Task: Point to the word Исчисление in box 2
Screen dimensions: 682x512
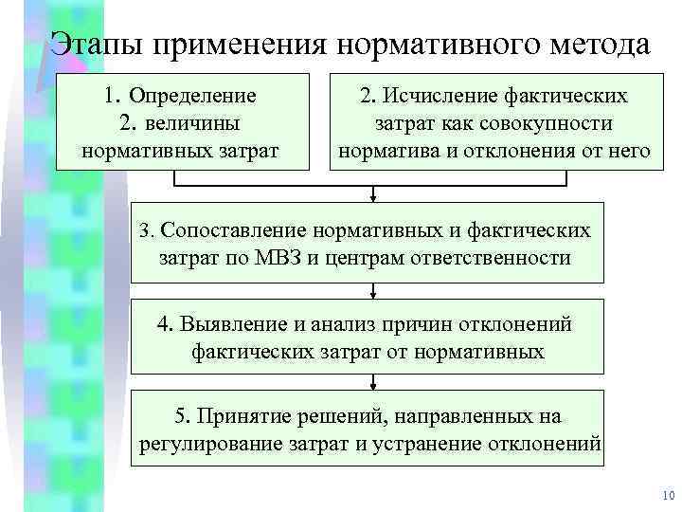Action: pos(433,96)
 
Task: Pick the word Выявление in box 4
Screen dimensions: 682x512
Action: pos(230,324)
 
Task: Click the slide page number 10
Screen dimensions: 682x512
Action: pos(664,496)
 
